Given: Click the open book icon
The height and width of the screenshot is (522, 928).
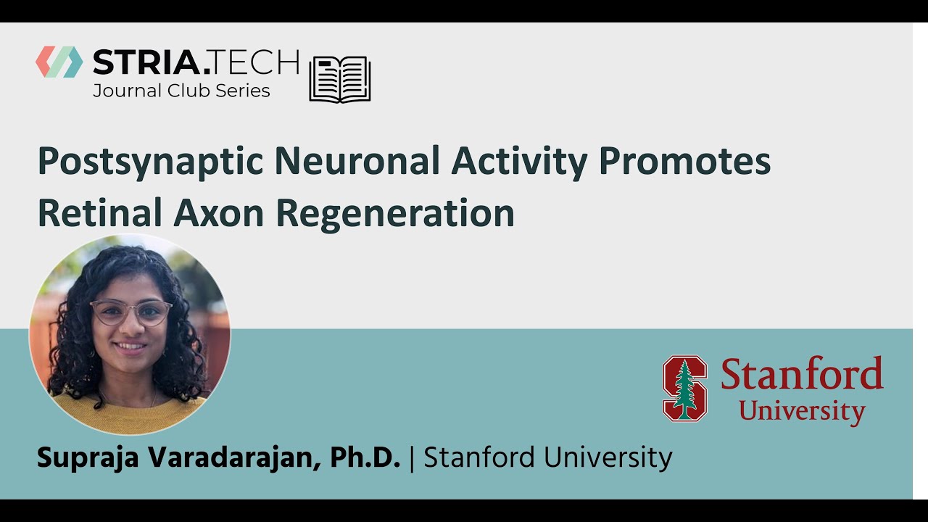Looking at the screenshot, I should click(340, 78).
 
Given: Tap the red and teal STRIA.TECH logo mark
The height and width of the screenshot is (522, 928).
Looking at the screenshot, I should click(59, 62).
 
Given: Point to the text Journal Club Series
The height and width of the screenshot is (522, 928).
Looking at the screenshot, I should click(181, 91).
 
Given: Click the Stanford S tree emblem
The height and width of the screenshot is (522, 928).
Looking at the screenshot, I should click(684, 388).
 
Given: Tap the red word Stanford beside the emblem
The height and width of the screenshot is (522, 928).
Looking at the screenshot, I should click(802, 374).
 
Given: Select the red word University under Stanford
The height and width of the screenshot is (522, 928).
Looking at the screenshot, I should click(802, 411).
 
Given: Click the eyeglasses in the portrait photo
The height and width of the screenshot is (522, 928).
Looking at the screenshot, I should click(131, 312).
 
